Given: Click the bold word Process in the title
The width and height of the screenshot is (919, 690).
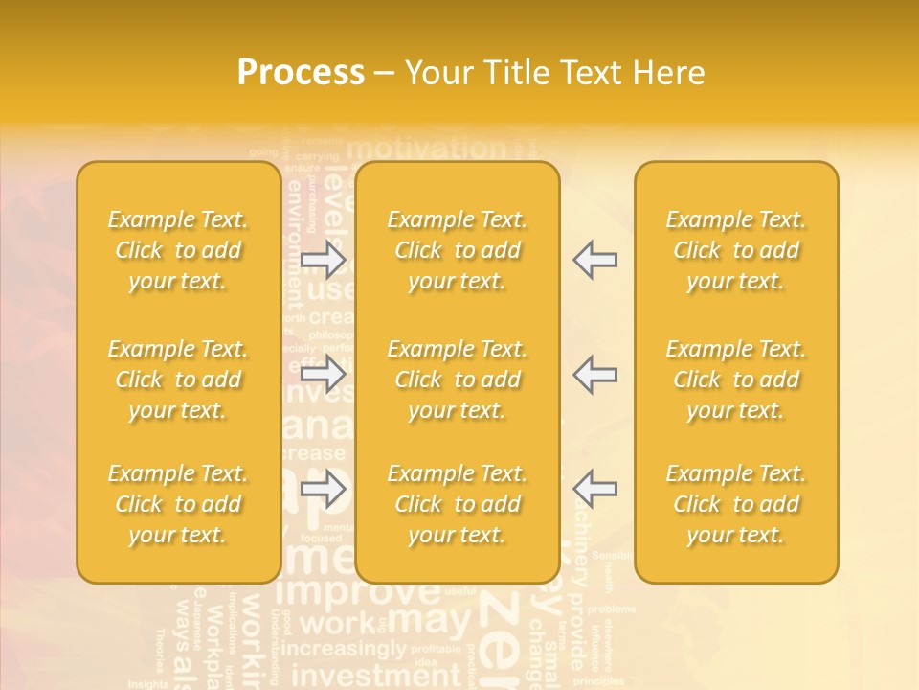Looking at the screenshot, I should tap(301, 73).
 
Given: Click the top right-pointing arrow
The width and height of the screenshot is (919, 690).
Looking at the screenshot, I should tap(324, 260).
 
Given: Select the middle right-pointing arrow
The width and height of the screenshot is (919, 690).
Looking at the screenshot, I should tap(324, 374).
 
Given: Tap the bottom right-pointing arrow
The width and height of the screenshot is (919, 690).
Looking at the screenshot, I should tap(324, 490).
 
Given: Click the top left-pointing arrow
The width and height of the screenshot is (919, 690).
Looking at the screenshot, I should tap(595, 260).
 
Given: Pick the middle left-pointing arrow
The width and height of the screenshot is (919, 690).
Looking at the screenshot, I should tap(595, 374).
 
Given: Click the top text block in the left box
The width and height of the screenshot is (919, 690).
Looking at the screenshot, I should tap(178, 250).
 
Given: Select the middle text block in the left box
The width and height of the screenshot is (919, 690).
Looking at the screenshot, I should tap(178, 379).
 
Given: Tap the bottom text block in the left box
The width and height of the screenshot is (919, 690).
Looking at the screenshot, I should tap(178, 504).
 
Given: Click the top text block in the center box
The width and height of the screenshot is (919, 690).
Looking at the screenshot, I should tap(458, 250).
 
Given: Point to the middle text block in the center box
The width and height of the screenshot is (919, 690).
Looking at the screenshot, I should tap(458, 379).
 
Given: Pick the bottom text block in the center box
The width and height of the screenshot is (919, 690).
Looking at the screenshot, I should tap(458, 504).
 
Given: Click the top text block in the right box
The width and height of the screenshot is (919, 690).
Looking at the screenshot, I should tap(736, 250).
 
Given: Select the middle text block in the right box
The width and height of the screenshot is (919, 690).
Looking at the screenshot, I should tap(736, 379).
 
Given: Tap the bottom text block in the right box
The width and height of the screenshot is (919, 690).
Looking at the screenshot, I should tap(736, 504).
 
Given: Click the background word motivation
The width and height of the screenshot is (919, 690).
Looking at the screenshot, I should tap(426, 149).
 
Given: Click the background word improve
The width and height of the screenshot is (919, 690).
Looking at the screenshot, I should tap(357, 591).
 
